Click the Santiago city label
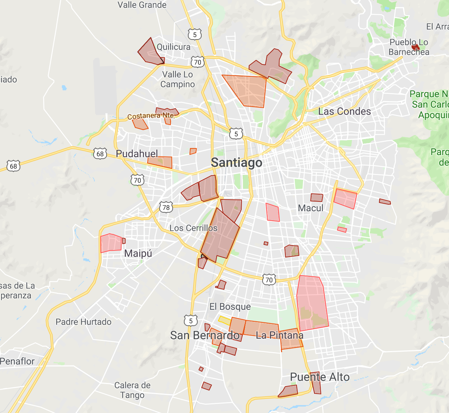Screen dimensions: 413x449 (x=236, y=163)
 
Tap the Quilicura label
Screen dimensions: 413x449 (x=173, y=47)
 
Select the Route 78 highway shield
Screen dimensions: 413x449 (x=166, y=208)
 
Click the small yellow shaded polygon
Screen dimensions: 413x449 (x=224, y=320)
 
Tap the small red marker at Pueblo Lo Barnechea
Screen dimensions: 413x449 (x=415, y=47)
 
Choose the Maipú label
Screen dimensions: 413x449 (x=138, y=253)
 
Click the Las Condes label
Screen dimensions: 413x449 (x=345, y=112)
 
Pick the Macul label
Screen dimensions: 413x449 (x=310, y=208)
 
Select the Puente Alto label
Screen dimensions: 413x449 (x=320, y=377)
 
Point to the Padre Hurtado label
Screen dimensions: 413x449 (x=83, y=322)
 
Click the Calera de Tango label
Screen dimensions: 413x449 (x=132, y=390)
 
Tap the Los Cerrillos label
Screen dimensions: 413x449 (x=193, y=228)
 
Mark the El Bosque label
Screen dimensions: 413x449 (x=230, y=307)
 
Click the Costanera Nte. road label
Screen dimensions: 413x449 (x=151, y=116)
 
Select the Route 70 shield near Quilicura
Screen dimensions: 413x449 (x=198, y=62)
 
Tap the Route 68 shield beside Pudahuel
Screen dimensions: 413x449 (x=100, y=154)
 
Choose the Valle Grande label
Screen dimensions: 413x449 (x=142, y=5)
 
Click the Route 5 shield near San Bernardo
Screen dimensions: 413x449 (x=191, y=321)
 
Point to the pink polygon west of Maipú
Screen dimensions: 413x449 (x=111, y=243)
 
